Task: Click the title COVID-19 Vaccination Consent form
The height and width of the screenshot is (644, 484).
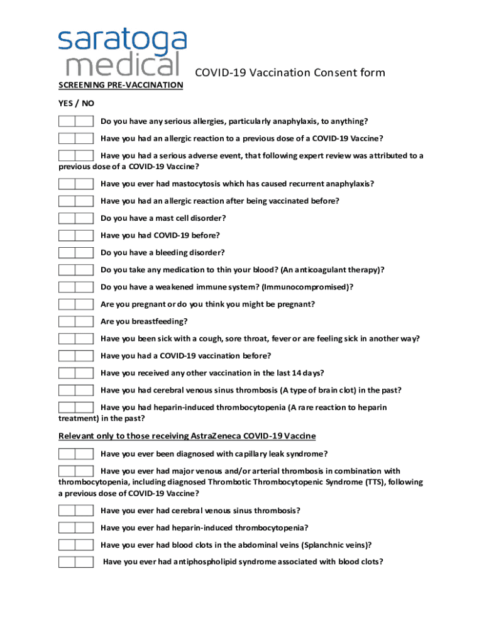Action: [290, 73]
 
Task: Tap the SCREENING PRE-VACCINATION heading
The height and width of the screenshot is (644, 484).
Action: [121, 85]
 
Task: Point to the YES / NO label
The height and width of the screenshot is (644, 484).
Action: [76, 103]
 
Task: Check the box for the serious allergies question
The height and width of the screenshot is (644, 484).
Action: [75, 121]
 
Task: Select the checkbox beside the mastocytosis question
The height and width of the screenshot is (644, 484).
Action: [75, 184]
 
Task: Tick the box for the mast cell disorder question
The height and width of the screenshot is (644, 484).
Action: [75, 218]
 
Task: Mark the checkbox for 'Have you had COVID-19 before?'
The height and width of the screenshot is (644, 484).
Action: [75, 236]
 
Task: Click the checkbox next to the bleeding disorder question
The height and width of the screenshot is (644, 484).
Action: [75, 253]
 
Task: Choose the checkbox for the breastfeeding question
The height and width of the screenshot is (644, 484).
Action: [75, 321]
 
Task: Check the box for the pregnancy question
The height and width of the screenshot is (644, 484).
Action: [75, 304]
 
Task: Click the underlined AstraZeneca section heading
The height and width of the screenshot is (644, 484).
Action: [187, 436]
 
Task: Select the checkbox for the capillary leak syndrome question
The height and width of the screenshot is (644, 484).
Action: [75, 454]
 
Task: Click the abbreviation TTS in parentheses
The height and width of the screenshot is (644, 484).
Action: [371, 482]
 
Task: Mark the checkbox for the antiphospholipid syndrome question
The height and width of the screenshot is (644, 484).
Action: [75, 562]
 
